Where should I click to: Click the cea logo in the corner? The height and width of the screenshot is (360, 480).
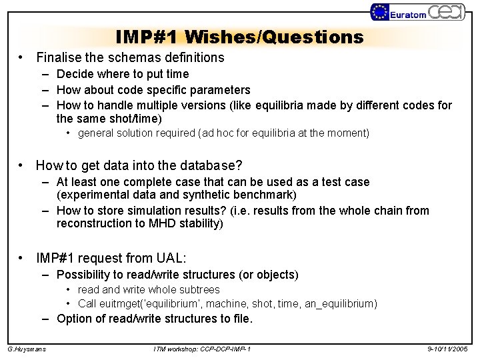click(x=449, y=12)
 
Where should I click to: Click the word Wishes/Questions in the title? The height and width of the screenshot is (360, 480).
click(x=275, y=36)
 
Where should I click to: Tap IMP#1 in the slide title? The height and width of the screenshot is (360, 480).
click(x=147, y=36)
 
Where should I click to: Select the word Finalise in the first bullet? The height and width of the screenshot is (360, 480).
click(x=61, y=58)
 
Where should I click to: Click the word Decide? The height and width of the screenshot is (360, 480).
click(x=76, y=74)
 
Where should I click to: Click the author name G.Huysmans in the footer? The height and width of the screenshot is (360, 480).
click(x=27, y=349)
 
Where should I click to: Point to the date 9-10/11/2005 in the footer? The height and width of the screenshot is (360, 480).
click(x=449, y=349)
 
